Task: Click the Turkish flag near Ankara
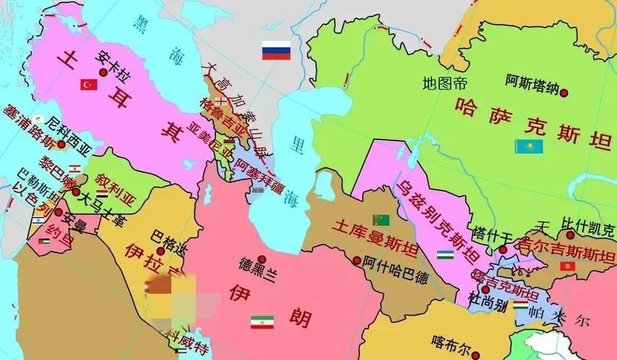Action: click(89, 85)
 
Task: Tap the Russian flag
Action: click(275, 52)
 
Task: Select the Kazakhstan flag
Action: click(528, 147)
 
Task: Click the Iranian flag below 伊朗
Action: click(262, 322)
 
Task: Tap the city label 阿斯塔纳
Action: click(531, 81)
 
